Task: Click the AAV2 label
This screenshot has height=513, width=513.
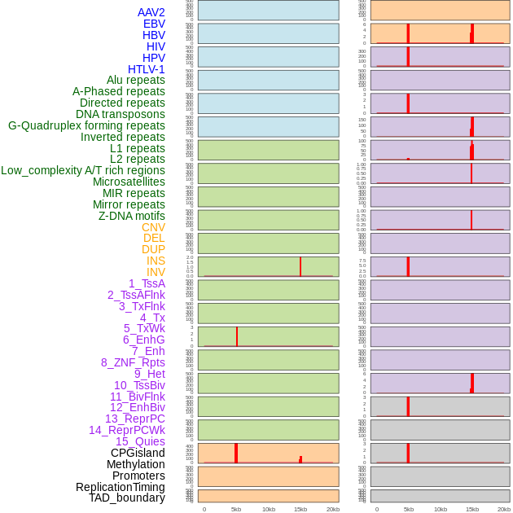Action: pos(151,12)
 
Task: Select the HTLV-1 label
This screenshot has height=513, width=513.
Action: pos(146,69)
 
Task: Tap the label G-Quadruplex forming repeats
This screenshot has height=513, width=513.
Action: pos(86,125)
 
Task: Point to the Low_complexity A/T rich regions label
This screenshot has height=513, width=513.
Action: pos(83,170)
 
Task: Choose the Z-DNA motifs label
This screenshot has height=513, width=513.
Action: pos(132,216)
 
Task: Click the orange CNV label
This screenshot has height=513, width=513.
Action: pos(153,227)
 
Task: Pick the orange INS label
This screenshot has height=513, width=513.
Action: pos(156,261)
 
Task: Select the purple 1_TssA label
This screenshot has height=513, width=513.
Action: pos(147,283)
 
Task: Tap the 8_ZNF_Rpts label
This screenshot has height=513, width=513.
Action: pos(133,362)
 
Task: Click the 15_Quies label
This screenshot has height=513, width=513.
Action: pos(140,441)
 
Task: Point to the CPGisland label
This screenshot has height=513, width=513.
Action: pos(138,453)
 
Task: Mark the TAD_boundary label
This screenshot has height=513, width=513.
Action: pos(127,498)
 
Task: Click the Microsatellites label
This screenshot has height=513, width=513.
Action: pos(129,182)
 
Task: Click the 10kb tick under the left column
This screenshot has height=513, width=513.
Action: pos(269,509)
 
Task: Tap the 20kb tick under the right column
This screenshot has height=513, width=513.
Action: pos(504,509)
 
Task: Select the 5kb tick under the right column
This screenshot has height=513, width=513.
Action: pos(408,509)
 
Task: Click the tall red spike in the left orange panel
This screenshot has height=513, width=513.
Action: pos(236,453)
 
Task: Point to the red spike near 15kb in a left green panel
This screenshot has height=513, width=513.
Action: pos(300,266)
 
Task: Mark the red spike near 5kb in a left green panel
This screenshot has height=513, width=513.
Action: pos(237,336)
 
